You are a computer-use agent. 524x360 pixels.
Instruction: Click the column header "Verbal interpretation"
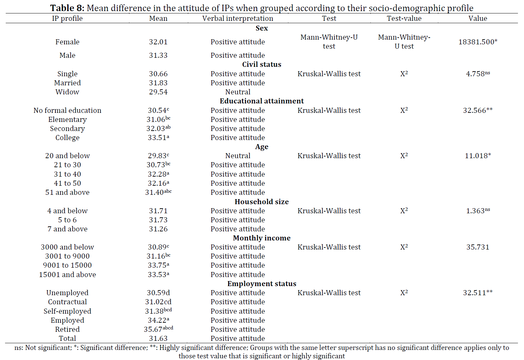(x=238, y=18)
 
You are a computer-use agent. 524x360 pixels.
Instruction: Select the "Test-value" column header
(x=404, y=18)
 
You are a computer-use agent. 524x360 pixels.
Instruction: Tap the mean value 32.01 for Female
(x=158, y=42)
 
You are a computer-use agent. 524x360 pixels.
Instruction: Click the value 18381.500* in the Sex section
(x=478, y=42)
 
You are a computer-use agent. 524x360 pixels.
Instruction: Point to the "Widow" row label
(x=67, y=92)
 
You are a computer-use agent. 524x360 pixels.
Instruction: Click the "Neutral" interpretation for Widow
(x=238, y=92)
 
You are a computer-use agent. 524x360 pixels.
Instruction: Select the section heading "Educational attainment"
(x=261, y=101)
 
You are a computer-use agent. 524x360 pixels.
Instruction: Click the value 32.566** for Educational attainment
(x=478, y=110)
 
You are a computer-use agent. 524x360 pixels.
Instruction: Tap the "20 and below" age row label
(x=67, y=156)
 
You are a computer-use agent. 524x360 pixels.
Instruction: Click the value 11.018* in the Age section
(x=478, y=156)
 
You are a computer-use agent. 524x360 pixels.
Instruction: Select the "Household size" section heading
(x=261, y=201)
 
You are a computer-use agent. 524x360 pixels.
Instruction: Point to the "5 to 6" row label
(x=67, y=220)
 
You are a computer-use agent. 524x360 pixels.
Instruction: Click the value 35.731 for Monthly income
(x=478, y=247)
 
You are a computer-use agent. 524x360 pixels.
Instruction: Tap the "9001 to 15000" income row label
(x=67, y=265)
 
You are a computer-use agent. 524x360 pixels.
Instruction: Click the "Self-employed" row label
(x=67, y=311)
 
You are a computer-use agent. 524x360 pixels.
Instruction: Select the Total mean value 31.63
(x=158, y=339)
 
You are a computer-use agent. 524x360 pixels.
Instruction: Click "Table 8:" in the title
(x=67, y=8)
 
